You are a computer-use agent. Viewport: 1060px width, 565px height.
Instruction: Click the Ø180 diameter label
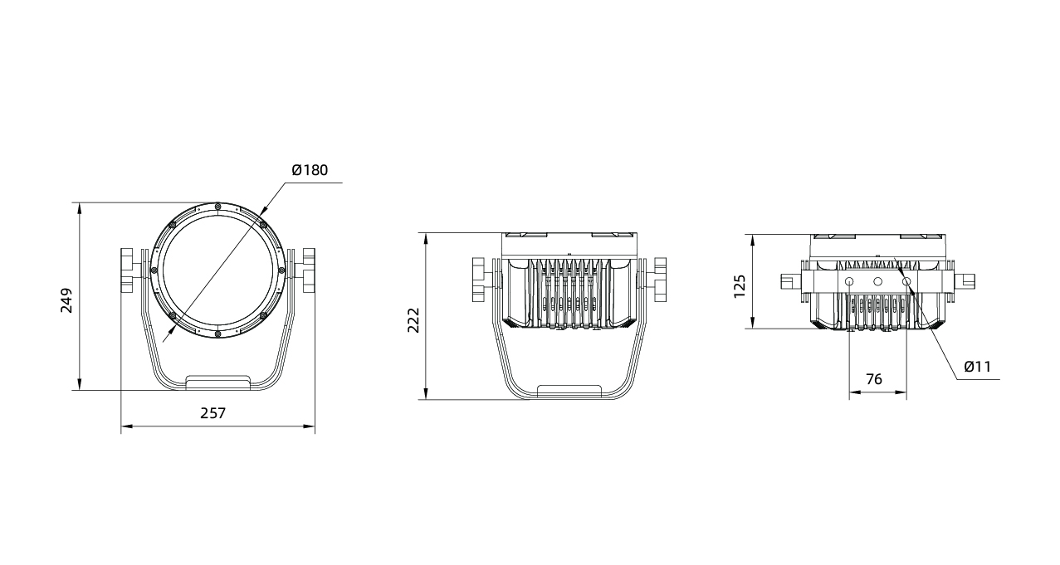coord(310,170)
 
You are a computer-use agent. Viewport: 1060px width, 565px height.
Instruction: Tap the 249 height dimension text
coord(66,300)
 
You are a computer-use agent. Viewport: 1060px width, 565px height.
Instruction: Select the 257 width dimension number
coord(213,413)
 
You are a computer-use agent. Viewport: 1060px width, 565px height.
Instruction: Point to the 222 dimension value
coord(413,320)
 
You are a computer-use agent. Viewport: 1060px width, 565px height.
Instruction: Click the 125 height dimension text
coord(740,286)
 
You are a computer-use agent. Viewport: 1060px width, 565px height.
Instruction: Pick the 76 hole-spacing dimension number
coord(874,379)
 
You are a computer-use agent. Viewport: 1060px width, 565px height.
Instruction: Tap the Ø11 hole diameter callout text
coord(978,367)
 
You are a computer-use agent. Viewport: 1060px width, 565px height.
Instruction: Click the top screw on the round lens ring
coord(217,206)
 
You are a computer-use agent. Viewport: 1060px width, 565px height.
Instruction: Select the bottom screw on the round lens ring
coord(217,334)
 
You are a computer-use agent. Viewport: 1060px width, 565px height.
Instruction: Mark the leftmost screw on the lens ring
coord(154,270)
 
